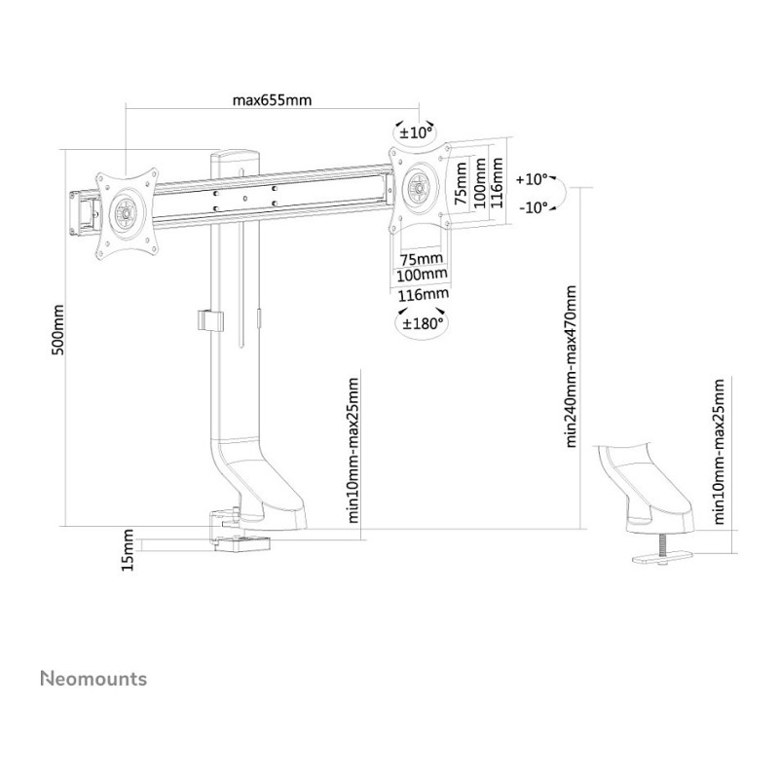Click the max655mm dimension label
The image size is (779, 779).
[x=273, y=100]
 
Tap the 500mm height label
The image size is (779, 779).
[x=58, y=330]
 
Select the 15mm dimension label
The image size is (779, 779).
[x=128, y=550]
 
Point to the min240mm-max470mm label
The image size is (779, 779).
[x=571, y=366]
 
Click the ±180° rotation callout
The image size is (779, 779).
[x=422, y=324]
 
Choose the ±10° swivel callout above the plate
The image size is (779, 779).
[x=415, y=133]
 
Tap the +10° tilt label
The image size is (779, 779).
[x=531, y=179]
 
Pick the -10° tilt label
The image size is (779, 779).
[x=533, y=207]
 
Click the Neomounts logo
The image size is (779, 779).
[x=93, y=679]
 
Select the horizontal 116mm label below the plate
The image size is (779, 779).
[x=423, y=295]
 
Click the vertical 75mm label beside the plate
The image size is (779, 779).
[x=462, y=183]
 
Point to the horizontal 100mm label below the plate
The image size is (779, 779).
[x=422, y=275]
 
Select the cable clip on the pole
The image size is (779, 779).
[x=210, y=321]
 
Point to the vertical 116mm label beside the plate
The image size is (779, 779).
[x=499, y=182]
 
